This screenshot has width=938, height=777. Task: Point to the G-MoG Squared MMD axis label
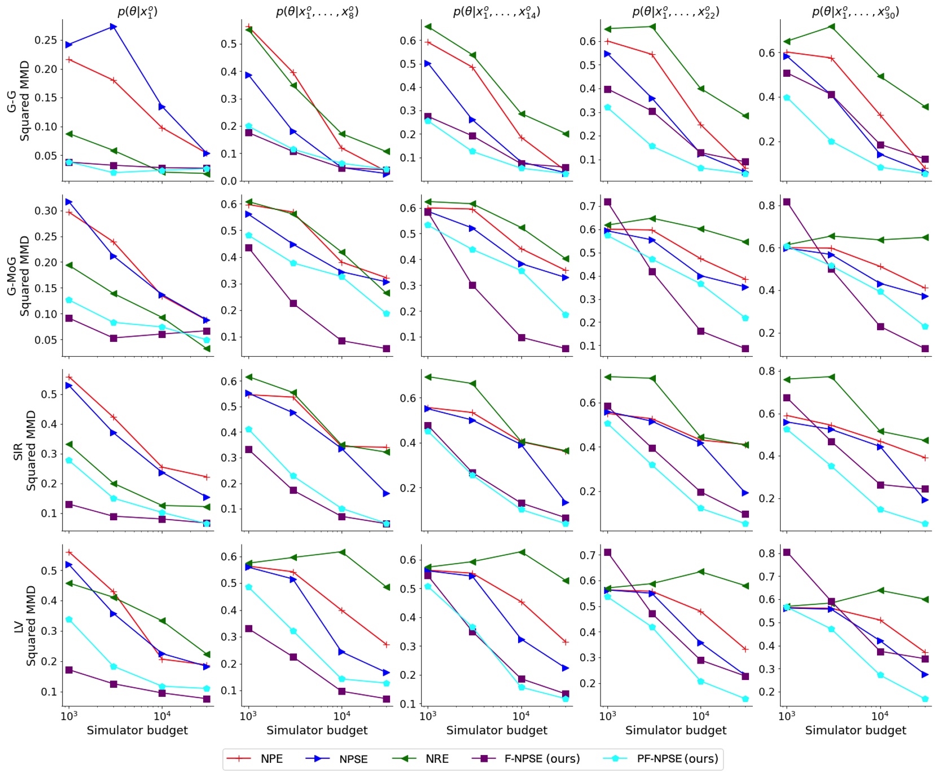18,276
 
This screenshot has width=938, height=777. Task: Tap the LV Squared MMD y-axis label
24,626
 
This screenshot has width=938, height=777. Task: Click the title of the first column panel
138,11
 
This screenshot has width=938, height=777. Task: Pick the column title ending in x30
855,11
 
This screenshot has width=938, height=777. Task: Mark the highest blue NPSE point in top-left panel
113,27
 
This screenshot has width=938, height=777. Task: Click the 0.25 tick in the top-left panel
46,40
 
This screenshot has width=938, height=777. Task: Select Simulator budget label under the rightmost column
855,730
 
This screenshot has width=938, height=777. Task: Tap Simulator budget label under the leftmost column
137,730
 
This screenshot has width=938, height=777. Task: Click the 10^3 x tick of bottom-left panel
69,716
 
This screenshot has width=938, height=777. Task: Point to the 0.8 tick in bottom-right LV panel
766,553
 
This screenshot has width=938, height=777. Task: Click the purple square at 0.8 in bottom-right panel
787,552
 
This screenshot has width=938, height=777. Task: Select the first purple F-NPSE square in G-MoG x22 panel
608,202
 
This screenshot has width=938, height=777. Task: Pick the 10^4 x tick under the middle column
520,716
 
